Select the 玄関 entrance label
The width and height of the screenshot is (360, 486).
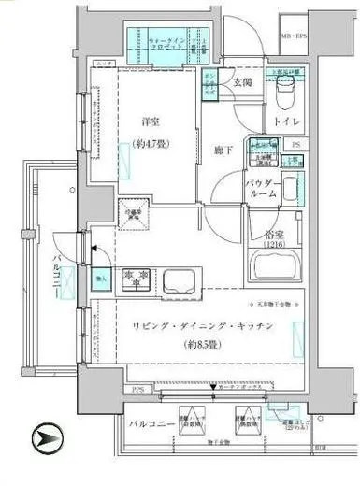tap(243, 82)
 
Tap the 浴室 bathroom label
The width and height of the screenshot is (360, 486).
tap(272, 234)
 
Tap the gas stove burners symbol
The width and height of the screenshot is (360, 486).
tap(137, 277)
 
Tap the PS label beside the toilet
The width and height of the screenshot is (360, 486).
tap(296, 144)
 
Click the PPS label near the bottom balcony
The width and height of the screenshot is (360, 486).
tap(137, 388)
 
